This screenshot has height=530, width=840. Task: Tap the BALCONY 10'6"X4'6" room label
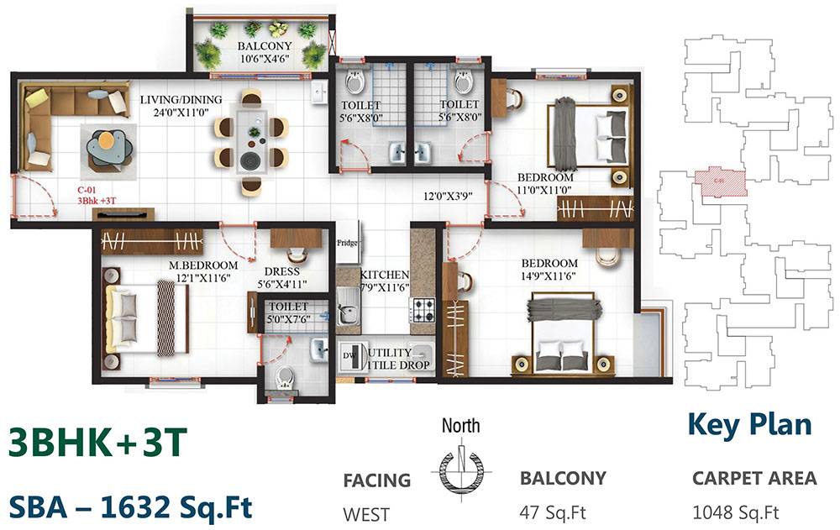264,53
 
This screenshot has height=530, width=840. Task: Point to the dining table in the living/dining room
251,141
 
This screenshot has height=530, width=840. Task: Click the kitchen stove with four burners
423,311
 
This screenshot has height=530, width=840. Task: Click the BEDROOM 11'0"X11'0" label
545,184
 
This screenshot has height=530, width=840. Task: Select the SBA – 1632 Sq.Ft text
130,506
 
